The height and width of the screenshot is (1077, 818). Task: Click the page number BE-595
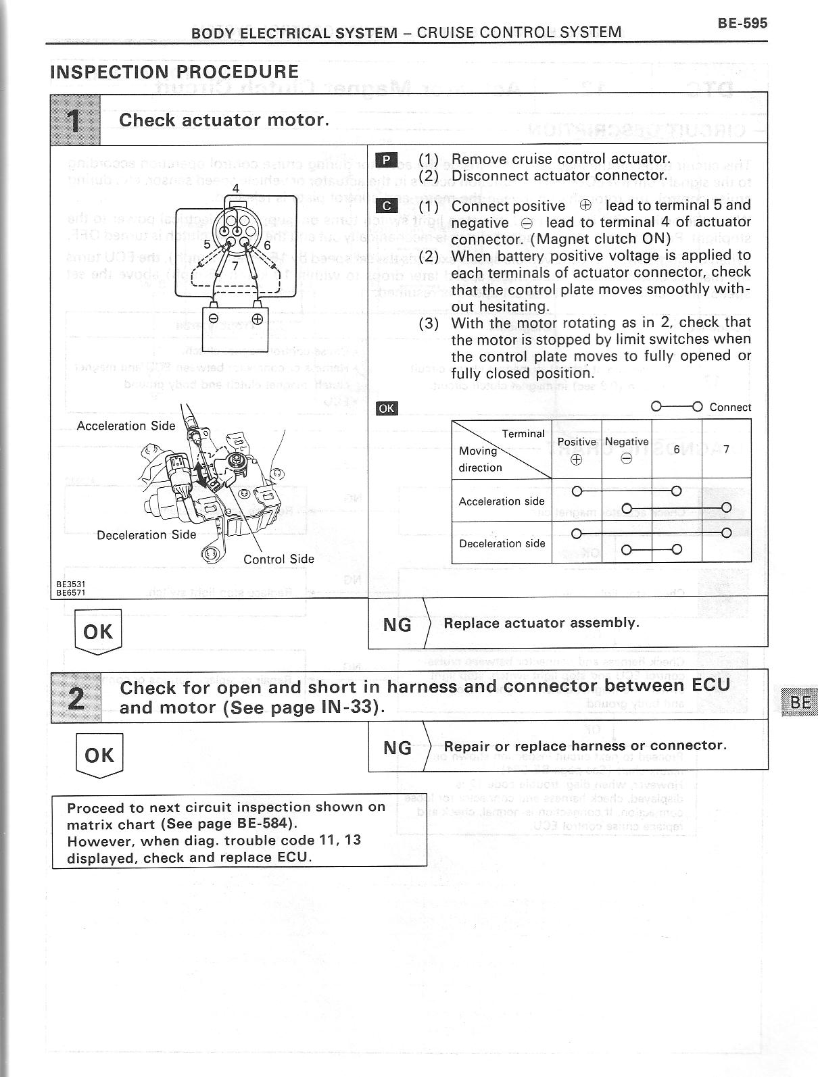pos(742,23)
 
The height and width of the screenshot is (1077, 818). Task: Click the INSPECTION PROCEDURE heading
pos(174,72)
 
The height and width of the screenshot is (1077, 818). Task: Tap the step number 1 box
pos(75,120)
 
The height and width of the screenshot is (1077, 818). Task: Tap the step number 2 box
pos(76,697)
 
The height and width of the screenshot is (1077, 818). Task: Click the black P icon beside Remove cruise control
pos(386,159)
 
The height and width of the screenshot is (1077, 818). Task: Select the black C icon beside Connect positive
pos(386,206)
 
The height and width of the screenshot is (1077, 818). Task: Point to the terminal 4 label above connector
pos(236,188)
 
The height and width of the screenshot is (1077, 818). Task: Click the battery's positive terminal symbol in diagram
pos(257,319)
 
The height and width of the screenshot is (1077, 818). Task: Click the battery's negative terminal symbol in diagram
pos(213,319)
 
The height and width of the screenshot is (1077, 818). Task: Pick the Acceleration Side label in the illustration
pos(126,426)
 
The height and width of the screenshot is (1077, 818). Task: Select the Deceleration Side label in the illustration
pos(146,534)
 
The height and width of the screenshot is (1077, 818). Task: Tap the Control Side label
pos(279,559)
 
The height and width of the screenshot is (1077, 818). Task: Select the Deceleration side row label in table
pos(502,543)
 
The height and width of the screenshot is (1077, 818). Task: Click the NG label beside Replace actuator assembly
pos(397,625)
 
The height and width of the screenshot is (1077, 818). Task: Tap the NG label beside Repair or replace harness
pos(397,747)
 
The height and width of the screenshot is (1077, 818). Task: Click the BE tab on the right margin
pos(800,702)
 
